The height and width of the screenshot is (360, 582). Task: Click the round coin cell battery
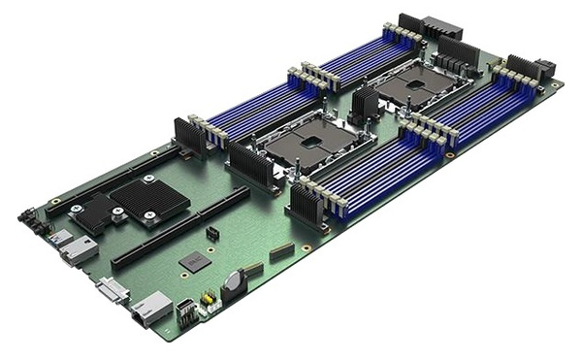click(x=232, y=282)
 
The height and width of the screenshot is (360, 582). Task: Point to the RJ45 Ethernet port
click(x=150, y=311)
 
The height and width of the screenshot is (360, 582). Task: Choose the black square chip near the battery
click(x=195, y=261)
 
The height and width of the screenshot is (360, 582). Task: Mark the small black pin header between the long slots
click(x=211, y=234)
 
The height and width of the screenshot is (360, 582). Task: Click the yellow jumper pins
click(x=206, y=300)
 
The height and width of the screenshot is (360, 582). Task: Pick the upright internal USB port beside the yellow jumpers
click(x=184, y=312)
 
